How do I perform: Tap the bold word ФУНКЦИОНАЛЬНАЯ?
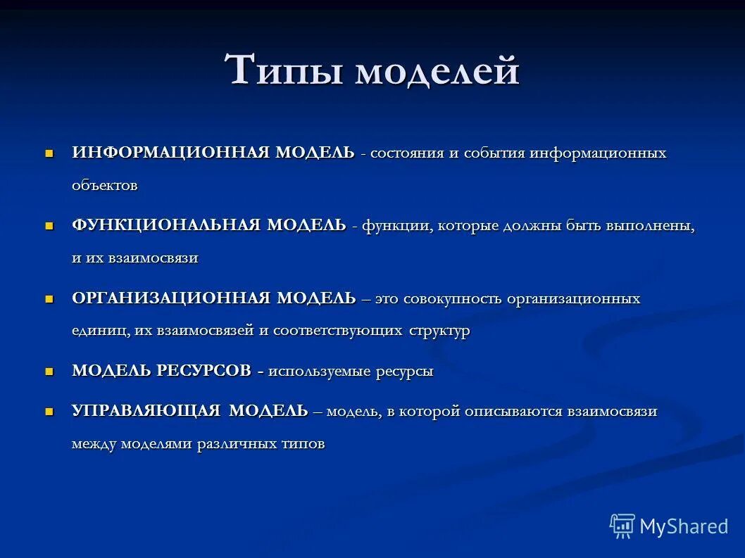coord(166,225)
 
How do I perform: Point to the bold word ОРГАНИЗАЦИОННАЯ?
coord(171,298)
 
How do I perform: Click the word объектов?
coord(104,186)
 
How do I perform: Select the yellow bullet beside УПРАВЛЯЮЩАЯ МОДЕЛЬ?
coord(49,411)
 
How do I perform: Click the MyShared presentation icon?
coord(622,526)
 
